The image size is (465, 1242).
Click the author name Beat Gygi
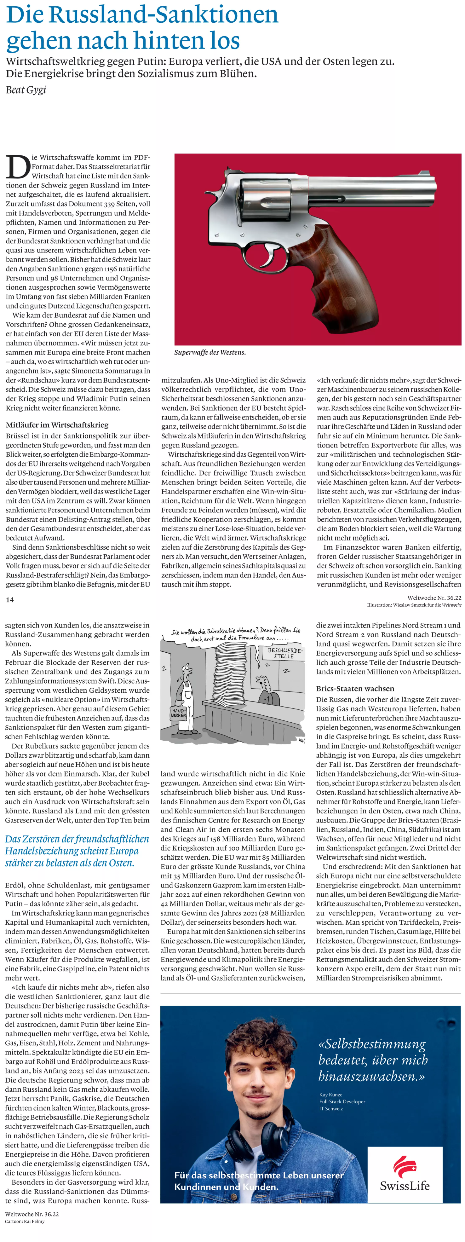pyautogui.click(x=26, y=90)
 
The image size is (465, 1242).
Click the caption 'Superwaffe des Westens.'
pyautogui.click(x=210, y=352)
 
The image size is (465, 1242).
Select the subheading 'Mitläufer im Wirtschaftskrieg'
pyautogui.click(x=57, y=425)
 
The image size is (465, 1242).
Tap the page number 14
pyautogui.click(x=10, y=600)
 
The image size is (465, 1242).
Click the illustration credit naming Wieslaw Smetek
pyautogui.click(x=414, y=604)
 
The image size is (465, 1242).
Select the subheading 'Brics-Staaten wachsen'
pyautogui.click(x=355, y=689)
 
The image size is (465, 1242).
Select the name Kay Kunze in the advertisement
pyautogui.click(x=330, y=1095)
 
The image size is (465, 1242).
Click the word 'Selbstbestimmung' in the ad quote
pyautogui.click(x=372, y=1044)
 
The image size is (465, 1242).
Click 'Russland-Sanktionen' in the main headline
pyautogui.click(x=164, y=14)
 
